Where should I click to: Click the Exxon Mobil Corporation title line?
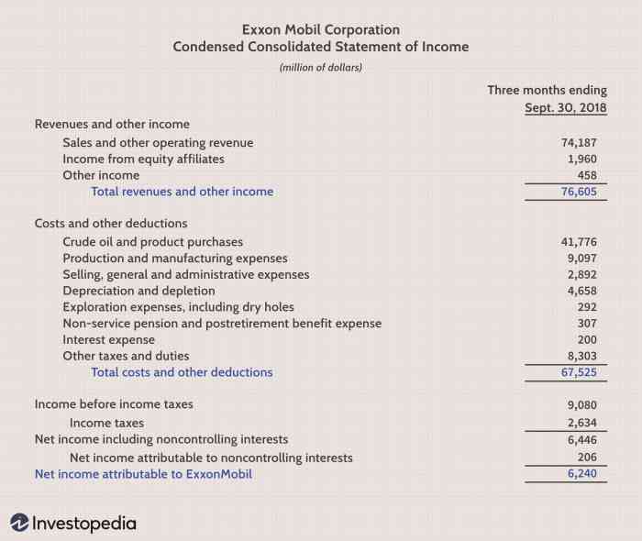click(x=320, y=29)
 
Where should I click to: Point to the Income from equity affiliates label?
click(x=143, y=159)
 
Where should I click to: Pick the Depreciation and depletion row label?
click(x=138, y=291)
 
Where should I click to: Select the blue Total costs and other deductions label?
click(x=182, y=372)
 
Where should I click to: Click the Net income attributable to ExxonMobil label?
click(x=143, y=474)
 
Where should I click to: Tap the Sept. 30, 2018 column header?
click(x=565, y=107)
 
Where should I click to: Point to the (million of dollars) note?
click(x=320, y=67)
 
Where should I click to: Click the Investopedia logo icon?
click(x=19, y=523)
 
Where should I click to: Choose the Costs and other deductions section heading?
click(x=111, y=224)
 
